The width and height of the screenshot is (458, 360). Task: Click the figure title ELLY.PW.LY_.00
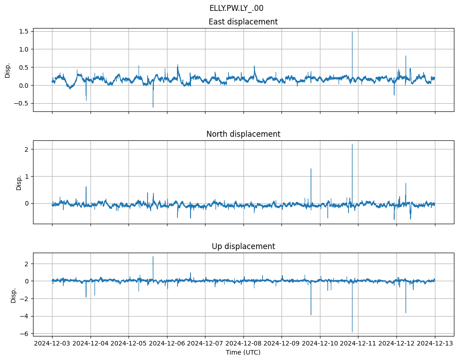pos(236,8)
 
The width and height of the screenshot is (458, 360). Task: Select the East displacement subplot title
pos(243,22)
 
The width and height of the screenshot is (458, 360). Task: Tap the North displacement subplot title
pos(243,134)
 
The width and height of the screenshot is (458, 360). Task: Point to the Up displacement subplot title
pos(243,246)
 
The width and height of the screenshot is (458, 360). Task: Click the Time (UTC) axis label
pos(243,352)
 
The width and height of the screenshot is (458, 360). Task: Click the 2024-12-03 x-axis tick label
pos(52,344)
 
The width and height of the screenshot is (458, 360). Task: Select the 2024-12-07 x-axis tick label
pos(205,344)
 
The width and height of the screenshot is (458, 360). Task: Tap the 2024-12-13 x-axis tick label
pos(435,344)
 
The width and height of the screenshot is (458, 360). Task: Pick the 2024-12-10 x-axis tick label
pos(320,344)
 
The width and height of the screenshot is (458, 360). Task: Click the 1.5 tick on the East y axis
pos(24,31)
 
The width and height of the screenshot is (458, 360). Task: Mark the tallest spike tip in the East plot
pos(352,32)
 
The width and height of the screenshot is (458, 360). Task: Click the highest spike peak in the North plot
pos(352,144)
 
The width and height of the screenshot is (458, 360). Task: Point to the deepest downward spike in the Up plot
pos(352,332)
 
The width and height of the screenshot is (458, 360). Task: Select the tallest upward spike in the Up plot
pos(153,257)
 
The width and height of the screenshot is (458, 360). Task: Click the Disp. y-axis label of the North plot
pos(19,182)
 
